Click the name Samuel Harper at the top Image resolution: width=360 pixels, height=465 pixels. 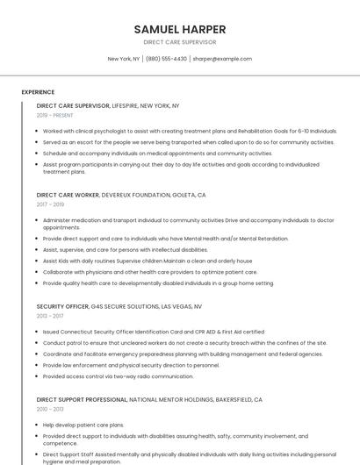click(x=179, y=29)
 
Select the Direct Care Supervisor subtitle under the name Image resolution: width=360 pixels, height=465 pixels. click(x=179, y=42)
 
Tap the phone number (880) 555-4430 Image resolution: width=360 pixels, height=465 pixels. click(x=166, y=59)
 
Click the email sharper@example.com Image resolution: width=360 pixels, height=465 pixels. click(x=222, y=59)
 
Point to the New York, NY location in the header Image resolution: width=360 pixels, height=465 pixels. click(x=124, y=59)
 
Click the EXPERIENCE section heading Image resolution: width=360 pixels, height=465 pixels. click(x=38, y=92)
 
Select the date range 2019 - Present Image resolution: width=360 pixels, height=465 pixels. click(x=55, y=115)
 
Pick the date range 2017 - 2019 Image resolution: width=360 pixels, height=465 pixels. click(x=50, y=204)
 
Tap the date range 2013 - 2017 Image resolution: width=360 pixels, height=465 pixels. click(x=49, y=316)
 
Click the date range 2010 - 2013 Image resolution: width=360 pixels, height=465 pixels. click(x=49, y=409)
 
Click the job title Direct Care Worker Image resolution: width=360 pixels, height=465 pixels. click(x=68, y=195)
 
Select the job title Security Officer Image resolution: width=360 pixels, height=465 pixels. click(x=62, y=306)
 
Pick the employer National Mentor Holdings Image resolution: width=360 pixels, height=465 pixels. click(x=174, y=399)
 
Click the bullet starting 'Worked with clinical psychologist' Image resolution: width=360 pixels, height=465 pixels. click(x=190, y=131)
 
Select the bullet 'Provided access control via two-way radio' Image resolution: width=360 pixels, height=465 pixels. click(x=118, y=376)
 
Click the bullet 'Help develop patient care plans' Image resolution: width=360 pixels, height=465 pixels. click(x=83, y=425)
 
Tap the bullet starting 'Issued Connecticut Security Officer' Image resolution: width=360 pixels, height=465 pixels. click(x=153, y=332)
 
